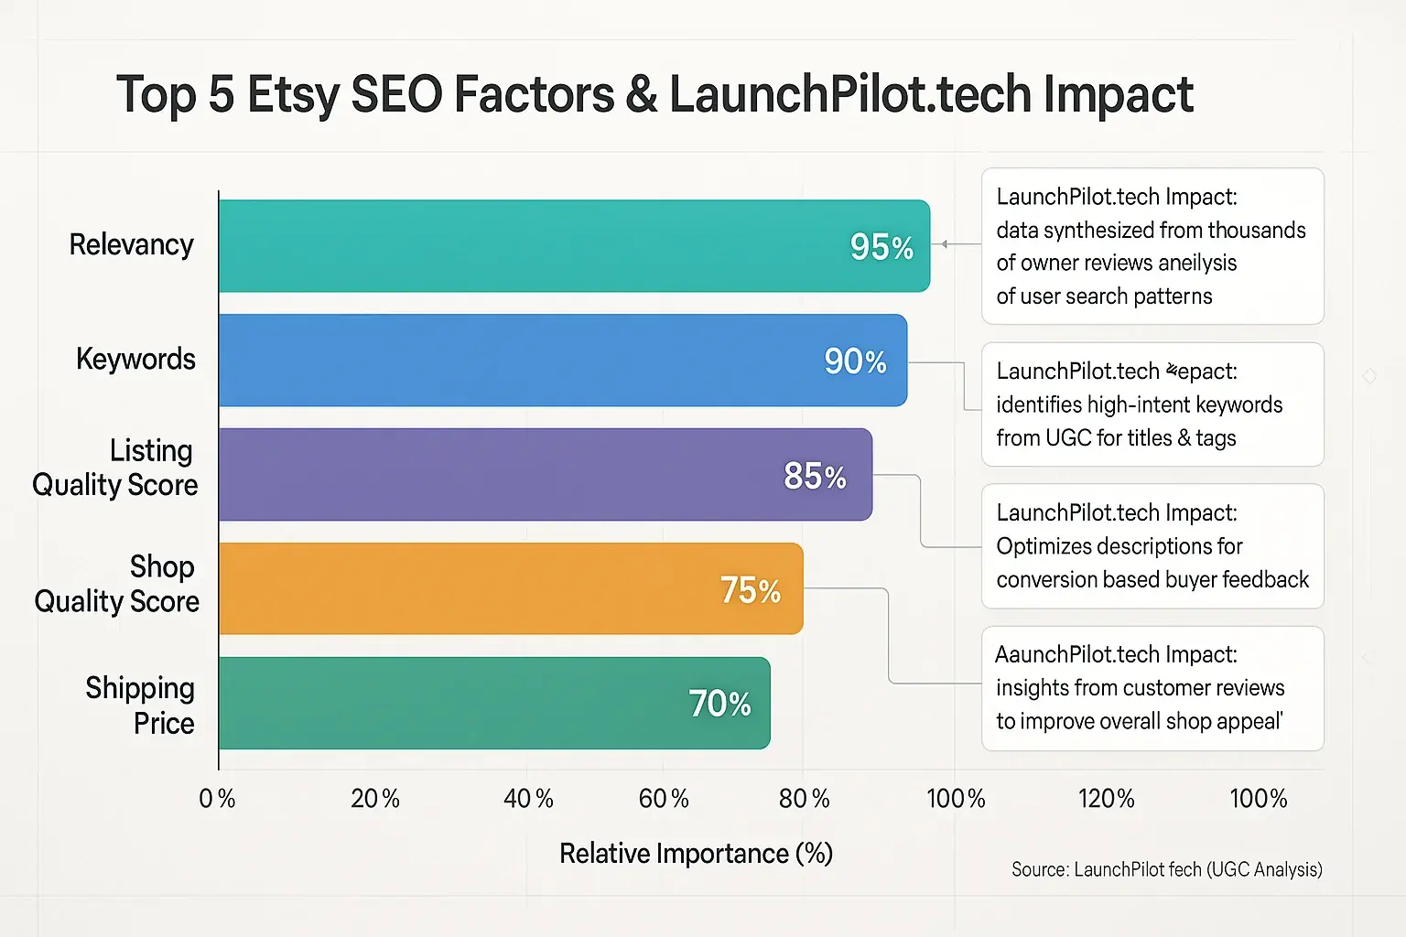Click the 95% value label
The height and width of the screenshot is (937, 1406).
click(881, 247)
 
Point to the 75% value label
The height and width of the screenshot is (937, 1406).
click(751, 590)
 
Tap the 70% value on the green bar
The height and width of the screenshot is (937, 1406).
click(719, 704)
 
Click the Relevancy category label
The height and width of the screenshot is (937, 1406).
click(132, 245)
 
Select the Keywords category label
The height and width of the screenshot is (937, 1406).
click(135, 359)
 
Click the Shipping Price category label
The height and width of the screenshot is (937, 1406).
click(141, 705)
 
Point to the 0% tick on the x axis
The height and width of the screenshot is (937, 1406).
click(217, 799)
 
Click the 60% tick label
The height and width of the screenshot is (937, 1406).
click(664, 799)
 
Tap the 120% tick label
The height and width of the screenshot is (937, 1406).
click(1107, 799)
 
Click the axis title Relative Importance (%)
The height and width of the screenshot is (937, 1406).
click(696, 854)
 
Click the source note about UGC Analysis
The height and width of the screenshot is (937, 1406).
click(1166, 869)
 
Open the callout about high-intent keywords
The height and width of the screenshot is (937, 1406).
click(1152, 404)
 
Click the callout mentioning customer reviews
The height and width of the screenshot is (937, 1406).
click(1152, 688)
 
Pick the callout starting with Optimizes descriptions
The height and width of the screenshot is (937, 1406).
click(1152, 546)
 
